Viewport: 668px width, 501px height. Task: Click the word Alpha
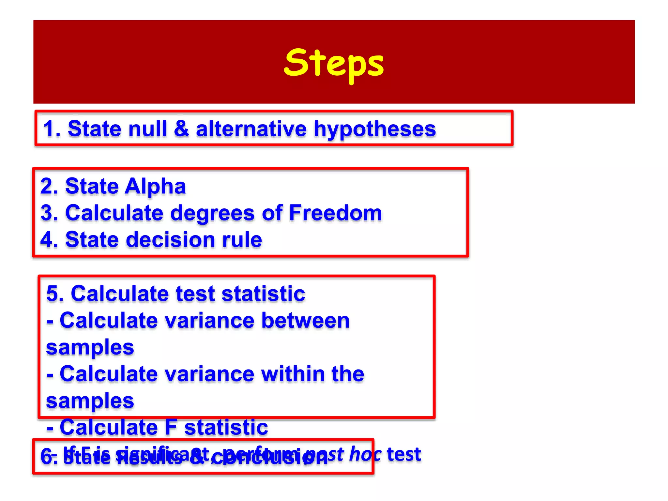click(155, 187)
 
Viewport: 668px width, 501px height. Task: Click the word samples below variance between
click(90, 347)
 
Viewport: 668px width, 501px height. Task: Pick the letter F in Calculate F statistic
click(171, 427)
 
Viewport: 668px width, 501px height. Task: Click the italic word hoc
click(365, 454)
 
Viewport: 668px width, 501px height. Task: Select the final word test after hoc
click(404, 454)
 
